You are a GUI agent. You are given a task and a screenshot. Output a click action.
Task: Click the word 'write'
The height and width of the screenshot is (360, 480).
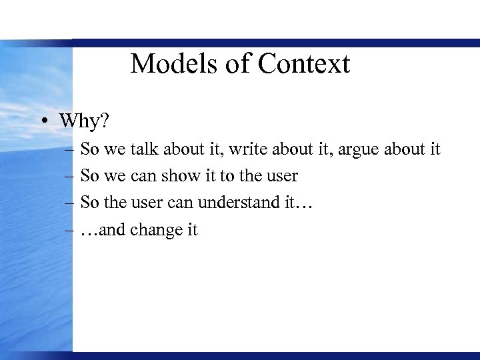(x=274, y=149)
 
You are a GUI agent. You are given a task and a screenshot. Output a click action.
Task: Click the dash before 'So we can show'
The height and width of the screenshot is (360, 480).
(x=70, y=177)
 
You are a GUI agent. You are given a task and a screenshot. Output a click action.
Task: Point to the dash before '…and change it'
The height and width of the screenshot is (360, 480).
(x=70, y=231)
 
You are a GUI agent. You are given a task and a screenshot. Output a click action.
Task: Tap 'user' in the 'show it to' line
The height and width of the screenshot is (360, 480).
(x=282, y=177)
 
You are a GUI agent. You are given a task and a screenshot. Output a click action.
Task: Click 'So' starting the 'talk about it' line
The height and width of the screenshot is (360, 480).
(x=89, y=149)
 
